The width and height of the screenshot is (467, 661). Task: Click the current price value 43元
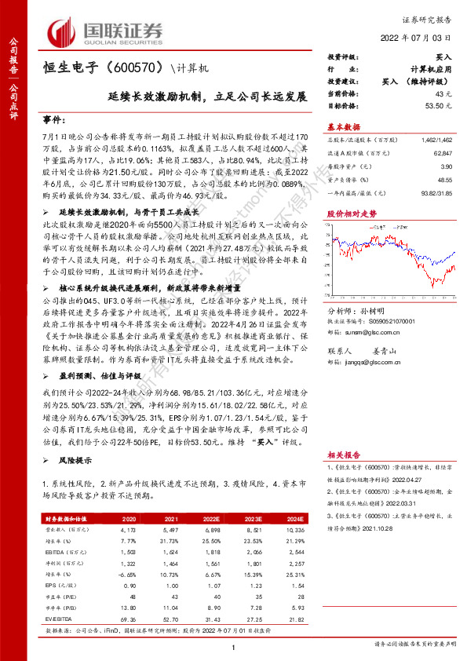tap(443, 93)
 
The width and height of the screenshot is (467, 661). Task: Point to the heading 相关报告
tap(343, 455)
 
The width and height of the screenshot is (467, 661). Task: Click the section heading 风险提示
tap(75, 461)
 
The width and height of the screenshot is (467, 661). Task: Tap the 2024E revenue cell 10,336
tap(293, 531)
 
